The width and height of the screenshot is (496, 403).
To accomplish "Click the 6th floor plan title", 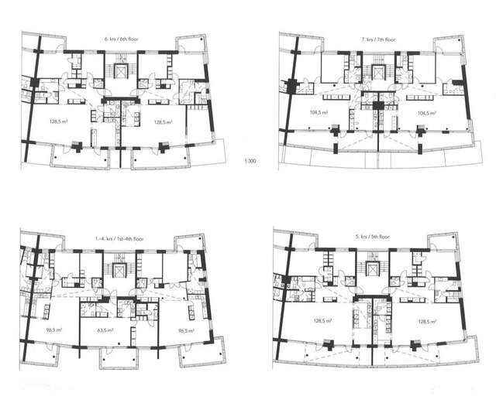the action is click(x=122, y=39).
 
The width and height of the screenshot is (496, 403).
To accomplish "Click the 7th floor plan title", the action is click(x=379, y=39).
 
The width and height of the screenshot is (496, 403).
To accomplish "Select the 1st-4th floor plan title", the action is click(x=122, y=239).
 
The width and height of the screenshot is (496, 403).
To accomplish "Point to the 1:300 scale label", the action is click(x=250, y=161).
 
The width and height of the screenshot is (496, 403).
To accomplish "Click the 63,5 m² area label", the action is click(x=106, y=330).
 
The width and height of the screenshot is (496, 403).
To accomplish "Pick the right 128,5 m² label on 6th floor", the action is click(x=164, y=122).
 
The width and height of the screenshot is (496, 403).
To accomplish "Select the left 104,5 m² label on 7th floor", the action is click(x=319, y=112).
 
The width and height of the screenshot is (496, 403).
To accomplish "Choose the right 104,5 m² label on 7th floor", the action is click(x=427, y=112).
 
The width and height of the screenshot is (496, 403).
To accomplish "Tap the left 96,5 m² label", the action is click(x=53, y=330).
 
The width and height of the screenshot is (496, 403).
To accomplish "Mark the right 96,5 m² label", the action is click(x=186, y=330).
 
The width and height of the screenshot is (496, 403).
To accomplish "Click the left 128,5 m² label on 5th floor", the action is click(x=322, y=321).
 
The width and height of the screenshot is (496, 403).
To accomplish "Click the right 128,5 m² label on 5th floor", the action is click(x=427, y=322).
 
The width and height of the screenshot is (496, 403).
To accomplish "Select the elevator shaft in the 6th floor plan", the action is click(x=121, y=71).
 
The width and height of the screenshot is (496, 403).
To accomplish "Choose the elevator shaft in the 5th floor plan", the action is click(x=372, y=268).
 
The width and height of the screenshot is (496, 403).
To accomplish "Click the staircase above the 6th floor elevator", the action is click(x=122, y=59).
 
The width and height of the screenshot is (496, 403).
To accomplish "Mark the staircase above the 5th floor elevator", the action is click(x=373, y=256).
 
